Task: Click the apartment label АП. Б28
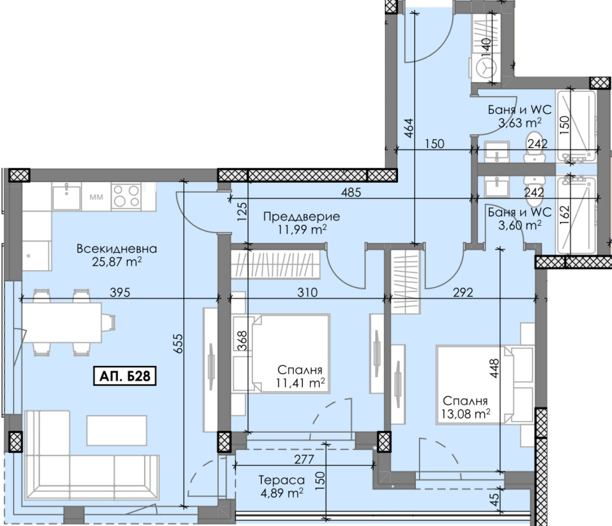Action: [x=125, y=376]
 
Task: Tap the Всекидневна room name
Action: [x=117, y=249]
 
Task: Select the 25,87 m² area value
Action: [x=117, y=262]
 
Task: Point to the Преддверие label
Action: [x=301, y=216]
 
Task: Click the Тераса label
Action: [x=281, y=480]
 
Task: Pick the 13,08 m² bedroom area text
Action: [x=466, y=414]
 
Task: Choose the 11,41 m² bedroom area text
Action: [x=300, y=383]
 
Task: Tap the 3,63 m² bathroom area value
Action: [x=520, y=123]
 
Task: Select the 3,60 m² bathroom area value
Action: [x=520, y=225]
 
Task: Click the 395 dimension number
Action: [x=120, y=292]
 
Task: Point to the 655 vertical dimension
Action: [x=178, y=343]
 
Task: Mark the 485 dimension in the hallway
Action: [x=351, y=192]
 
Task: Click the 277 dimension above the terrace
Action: [x=304, y=459]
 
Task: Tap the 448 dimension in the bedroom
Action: [x=494, y=368]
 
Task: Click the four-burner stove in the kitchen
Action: [x=126, y=196]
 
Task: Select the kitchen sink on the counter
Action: [x=66, y=196]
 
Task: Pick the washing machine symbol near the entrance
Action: [x=484, y=68]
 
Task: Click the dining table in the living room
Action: [x=62, y=322]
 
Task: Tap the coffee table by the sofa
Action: [x=117, y=430]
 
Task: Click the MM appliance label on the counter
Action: [x=96, y=197]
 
